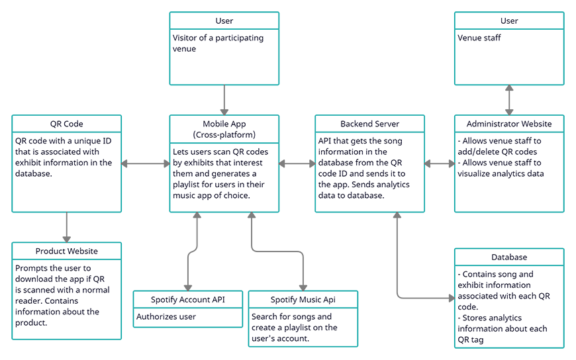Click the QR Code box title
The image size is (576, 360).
click(66, 124)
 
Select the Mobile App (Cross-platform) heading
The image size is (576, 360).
click(224, 129)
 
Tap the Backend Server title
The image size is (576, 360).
click(369, 124)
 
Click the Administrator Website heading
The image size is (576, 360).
click(509, 124)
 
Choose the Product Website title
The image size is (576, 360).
click(66, 251)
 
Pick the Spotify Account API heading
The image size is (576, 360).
click(188, 300)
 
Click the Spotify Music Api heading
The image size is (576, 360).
click(303, 300)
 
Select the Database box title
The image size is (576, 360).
click(509, 257)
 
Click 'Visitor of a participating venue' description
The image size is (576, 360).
click(218, 43)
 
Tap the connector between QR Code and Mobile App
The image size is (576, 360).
click(145, 163)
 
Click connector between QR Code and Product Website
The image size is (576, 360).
click(66, 227)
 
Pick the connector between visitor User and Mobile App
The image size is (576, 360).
click(224, 101)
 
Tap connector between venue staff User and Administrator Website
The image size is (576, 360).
click(509, 101)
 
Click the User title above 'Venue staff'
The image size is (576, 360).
click(509, 21)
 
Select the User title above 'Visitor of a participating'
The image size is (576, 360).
click(224, 21)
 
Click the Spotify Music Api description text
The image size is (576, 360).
click(294, 328)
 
